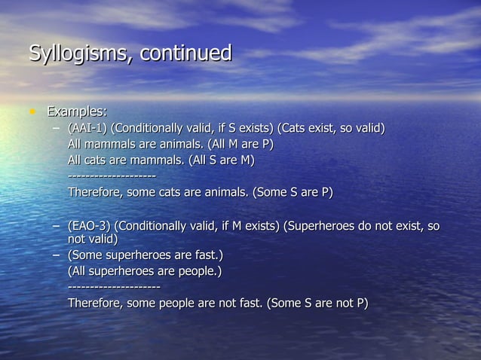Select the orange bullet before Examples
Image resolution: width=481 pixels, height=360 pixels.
coord(32,112)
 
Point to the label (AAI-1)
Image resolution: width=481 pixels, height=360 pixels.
coord(87,128)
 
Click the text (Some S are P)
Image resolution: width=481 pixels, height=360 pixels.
coord(293,192)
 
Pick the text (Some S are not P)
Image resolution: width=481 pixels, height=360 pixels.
coord(317,304)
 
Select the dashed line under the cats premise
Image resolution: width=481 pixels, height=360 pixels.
coord(112,176)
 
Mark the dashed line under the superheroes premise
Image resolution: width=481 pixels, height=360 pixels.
coord(114,288)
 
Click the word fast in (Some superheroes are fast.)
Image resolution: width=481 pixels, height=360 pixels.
coord(206,256)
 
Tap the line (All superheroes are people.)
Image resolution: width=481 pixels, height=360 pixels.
coord(145,271)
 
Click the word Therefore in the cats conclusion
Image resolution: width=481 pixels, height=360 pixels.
coord(96,192)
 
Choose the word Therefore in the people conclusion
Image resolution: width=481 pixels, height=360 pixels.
coord(96,304)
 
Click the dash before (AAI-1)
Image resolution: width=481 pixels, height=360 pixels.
coord(57,128)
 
